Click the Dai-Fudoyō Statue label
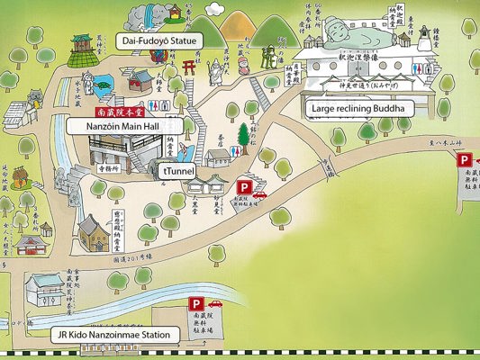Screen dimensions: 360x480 (160, 40)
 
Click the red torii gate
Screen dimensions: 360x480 (190, 67)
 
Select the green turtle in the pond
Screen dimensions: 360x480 (104, 85)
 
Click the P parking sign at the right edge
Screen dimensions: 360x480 (465, 160)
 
